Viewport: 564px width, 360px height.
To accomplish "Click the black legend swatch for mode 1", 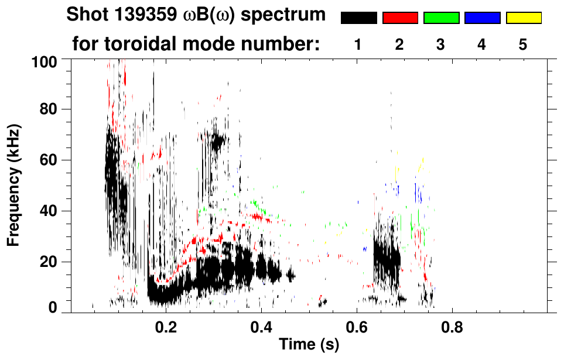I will coord(358,18).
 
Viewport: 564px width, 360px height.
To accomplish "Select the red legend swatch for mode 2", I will coord(400,18).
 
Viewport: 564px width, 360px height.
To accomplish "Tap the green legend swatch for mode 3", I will coord(441,18).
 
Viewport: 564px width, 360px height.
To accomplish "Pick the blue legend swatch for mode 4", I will coord(482,18).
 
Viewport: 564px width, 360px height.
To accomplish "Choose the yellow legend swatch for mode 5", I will coord(524,18).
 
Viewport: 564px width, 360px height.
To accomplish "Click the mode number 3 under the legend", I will coord(441,45).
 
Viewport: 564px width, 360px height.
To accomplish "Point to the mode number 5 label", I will coord(523,45).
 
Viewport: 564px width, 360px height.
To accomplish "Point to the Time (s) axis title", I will coord(309,345).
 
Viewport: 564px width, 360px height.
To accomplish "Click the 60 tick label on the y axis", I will coord(52,160).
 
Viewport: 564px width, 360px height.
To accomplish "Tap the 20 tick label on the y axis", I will coord(52,262).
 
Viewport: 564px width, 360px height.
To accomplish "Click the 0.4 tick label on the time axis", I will coord(261,326).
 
